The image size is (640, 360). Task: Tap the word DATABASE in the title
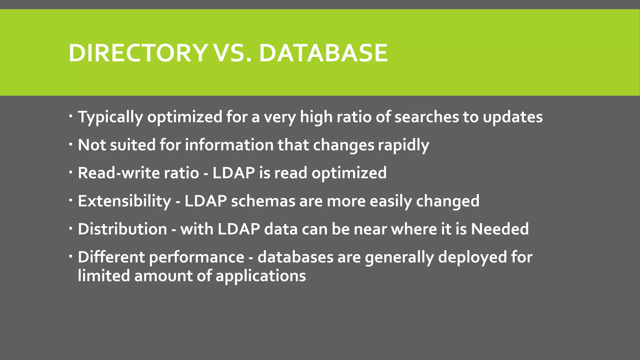coord(323,53)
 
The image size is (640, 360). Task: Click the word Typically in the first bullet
coord(110,117)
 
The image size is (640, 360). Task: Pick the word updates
coord(512,117)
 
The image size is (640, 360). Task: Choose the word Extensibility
coord(124,201)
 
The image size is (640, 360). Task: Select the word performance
coord(197,257)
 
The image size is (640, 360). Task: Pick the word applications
coord(261,276)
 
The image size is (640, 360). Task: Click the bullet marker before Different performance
coord(71,256)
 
